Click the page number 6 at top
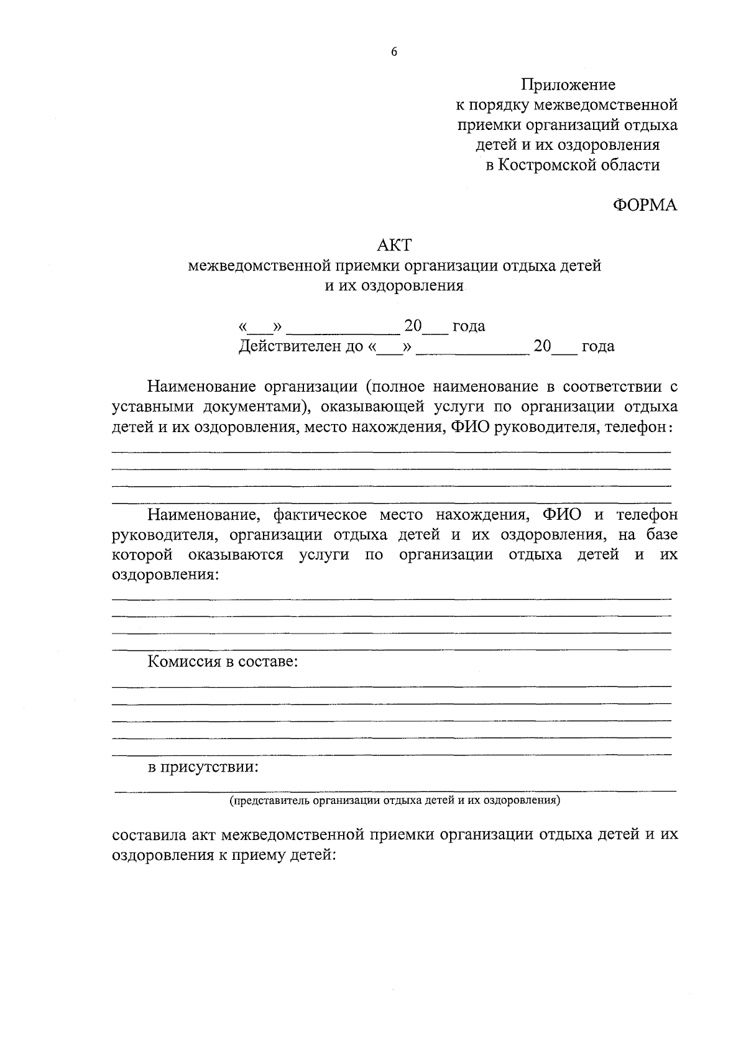(394, 52)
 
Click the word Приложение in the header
(568, 84)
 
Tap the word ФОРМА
(645, 205)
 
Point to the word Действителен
(288, 346)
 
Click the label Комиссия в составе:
(223, 662)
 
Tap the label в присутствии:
(203, 767)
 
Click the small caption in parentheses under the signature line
(395, 800)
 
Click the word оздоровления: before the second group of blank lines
(165, 574)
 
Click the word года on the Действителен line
(597, 346)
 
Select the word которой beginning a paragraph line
(142, 555)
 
